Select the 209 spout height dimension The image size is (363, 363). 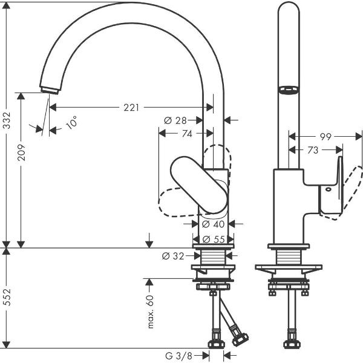(21, 148)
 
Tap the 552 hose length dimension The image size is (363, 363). (8, 298)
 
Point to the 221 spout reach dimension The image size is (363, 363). (131, 108)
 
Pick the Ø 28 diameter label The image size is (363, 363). (175, 120)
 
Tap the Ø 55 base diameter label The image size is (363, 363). (213, 238)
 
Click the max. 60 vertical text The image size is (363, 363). (151, 309)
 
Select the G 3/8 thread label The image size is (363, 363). (180, 354)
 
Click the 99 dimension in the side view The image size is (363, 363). (325, 137)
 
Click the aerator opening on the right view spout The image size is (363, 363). (287, 90)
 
